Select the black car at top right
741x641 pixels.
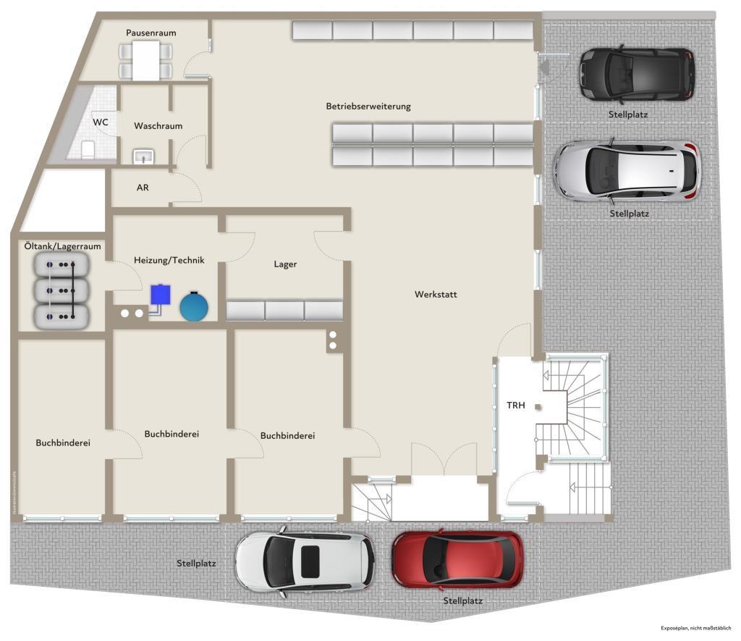(636, 74)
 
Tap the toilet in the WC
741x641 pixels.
(89, 149)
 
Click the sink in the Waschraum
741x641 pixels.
(143, 155)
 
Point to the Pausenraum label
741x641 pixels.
(151, 33)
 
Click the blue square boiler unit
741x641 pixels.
(161, 295)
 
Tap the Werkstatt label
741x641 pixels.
(436, 294)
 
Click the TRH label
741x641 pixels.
(515, 406)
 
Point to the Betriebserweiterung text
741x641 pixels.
(368, 106)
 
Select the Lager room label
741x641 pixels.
(285, 264)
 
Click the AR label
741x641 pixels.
(143, 187)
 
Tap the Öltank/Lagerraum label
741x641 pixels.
(62, 246)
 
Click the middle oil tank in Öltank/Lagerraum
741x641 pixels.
(61, 290)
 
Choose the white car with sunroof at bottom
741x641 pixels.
(304, 561)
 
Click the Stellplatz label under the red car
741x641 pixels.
(463, 601)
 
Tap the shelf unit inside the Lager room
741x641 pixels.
(284, 311)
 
